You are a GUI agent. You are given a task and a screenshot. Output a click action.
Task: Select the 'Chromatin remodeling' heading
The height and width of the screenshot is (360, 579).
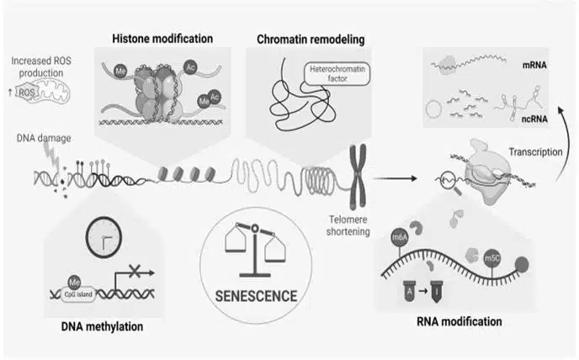(303, 40)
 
